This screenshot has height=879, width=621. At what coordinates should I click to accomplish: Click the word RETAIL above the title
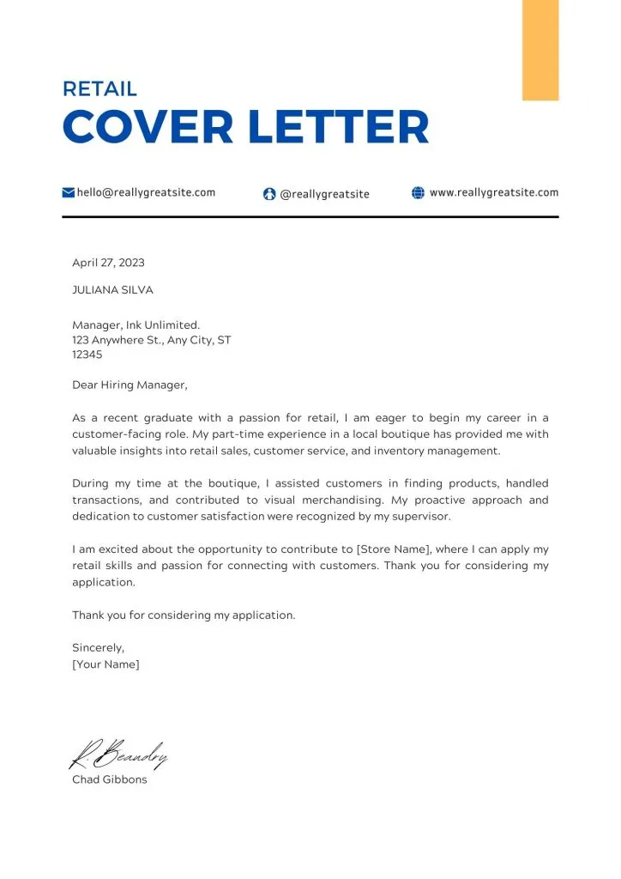pos(99,88)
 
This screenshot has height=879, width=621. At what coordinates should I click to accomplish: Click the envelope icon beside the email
pos(69,193)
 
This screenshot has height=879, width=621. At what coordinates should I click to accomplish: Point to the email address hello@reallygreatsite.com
pos(146,193)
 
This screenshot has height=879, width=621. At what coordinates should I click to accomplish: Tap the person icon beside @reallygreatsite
pos(269,194)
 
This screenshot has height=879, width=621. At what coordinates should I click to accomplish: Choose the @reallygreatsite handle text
pos(325,194)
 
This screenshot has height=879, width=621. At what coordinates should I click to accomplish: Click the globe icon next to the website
pos(419,193)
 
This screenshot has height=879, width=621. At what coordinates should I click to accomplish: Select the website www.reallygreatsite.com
pos(494,193)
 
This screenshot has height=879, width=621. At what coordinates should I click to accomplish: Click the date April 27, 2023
pos(108,263)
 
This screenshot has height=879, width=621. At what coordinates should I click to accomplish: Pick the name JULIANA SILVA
pos(112,290)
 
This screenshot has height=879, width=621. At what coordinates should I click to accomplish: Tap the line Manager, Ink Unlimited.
pos(136,324)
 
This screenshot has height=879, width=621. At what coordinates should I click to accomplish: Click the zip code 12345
pos(87,354)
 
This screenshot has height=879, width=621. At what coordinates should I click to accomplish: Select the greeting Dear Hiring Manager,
pos(129,385)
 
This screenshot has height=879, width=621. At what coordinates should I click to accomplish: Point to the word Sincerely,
pos(98,648)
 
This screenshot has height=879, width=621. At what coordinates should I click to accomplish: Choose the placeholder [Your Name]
pos(106,664)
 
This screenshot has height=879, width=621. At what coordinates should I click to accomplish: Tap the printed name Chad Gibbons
pos(109,780)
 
